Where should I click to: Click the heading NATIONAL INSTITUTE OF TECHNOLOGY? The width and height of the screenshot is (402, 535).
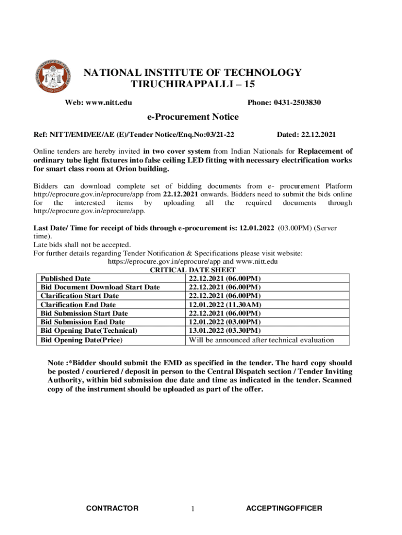[x=193, y=73]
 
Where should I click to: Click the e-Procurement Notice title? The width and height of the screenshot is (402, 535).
[x=193, y=117]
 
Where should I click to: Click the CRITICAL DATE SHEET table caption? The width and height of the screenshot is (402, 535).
[x=192, y=270]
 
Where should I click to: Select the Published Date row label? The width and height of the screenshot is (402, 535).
[x=65, y=278]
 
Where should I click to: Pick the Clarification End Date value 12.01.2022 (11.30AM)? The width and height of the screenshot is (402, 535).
[x=225, y=305]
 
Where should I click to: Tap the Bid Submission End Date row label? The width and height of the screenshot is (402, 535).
[x=82, y=322]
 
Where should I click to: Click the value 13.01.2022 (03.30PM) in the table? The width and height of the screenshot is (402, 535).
[x=224, y=331]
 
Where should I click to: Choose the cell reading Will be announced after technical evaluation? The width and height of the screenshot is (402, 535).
[x=261, y=340]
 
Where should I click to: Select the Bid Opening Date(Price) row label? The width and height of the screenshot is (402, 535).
[x=81, y=340]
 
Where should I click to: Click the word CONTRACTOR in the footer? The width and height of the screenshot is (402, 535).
[x=112, y=508]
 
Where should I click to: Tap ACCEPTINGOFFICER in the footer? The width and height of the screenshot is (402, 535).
[x=284, y=508]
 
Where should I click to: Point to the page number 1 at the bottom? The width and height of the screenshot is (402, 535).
[x=193, y=509]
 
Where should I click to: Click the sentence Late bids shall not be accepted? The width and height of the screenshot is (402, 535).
[x=82, y=245]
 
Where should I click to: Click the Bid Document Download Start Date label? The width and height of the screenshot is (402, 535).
[x=100, y=287]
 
